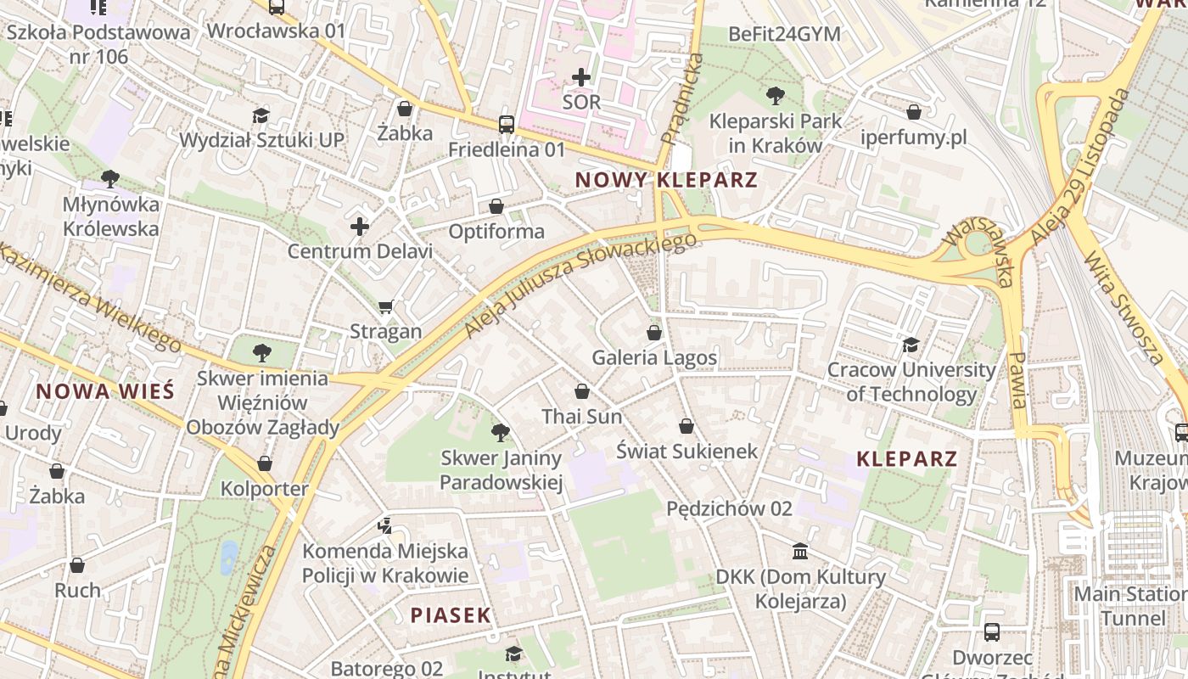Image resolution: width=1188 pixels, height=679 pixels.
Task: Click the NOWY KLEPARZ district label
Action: (x=665, y=180)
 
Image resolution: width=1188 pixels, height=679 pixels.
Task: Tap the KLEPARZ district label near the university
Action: (x=906, y=459)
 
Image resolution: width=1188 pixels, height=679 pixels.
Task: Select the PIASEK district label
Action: (x=451, y=615)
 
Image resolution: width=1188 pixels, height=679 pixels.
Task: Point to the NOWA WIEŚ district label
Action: (x=105, y=391)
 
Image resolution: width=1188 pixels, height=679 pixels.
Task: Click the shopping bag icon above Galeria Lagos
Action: (x=653, y=333)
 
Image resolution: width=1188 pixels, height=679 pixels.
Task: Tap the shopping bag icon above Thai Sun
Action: (x=582, y=391)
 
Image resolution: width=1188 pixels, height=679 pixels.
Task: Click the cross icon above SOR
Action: (x=581, y=77)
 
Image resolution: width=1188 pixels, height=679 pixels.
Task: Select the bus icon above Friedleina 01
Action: (x=507, y=124)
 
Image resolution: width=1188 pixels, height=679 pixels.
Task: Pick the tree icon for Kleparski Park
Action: (x=775, y=95)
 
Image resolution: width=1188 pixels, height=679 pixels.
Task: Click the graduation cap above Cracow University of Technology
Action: (x=911, y=345)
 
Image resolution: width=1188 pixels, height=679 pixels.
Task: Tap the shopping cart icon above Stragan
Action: (x=386, y=306)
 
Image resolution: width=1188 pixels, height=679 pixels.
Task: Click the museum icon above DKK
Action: (x=800, y=553)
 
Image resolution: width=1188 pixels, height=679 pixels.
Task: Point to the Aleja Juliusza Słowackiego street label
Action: (x=580, y=284)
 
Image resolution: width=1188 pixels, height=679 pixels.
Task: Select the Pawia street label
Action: (x=1019, y=380)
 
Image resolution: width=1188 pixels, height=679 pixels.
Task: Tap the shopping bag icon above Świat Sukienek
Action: (x=686, y=426)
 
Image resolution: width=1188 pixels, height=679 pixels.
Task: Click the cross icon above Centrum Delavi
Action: (x=360, y=227)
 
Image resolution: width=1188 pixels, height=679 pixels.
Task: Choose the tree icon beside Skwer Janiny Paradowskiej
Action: (x=501, y=433)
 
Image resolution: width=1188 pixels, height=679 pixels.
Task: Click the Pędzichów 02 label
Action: (x=729, y=508)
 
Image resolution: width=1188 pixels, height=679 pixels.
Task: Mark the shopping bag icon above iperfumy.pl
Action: (x=914, y=112)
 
